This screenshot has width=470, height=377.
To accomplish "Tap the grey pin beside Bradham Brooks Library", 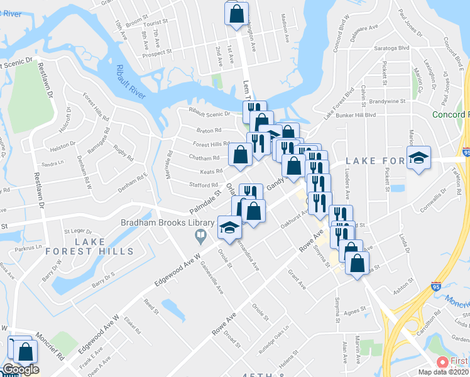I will [x=200, y=237].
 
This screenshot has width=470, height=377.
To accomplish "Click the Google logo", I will [x=21, y=369].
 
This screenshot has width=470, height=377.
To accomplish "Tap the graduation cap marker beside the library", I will [x=229, y=227].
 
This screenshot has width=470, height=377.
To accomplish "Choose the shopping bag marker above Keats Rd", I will [x=240, y=155].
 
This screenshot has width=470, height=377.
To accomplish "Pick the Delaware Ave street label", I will [x=363, y=28].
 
